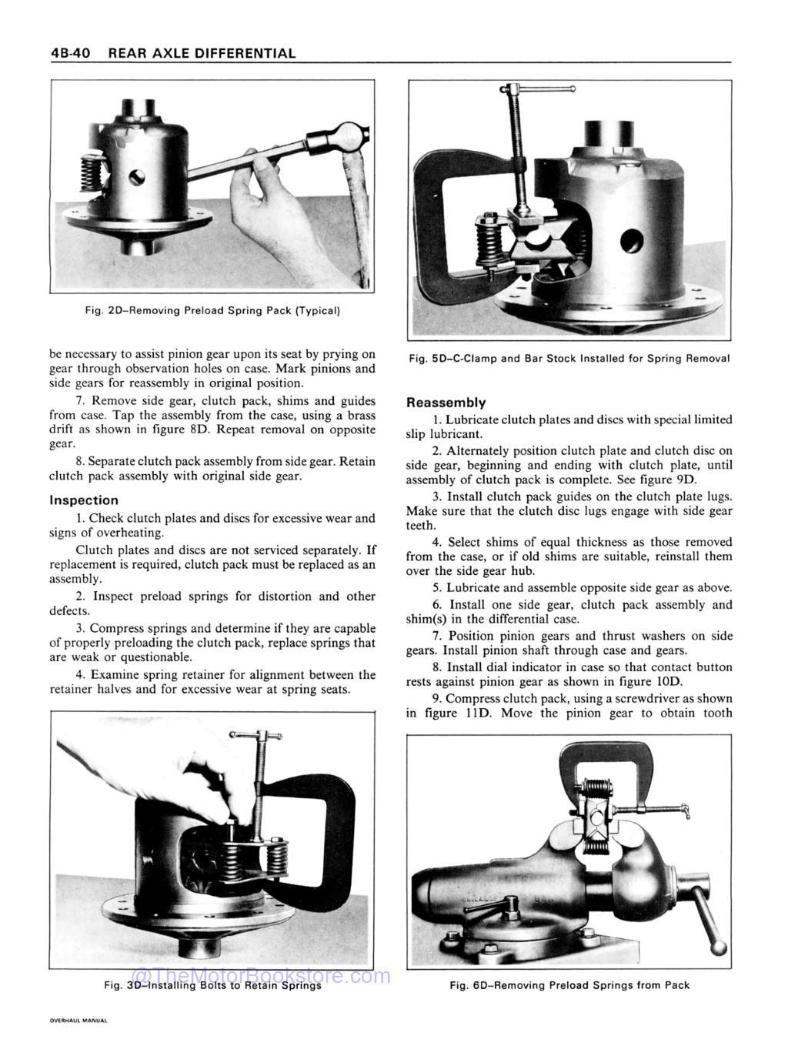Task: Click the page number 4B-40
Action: click(x=70, y=53)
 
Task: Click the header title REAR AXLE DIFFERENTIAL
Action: click(x=202, y=53)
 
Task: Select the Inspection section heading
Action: click(x=84, y=500)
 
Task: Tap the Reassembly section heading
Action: click(x=446, y=403)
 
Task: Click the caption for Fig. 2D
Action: click(x=212, y=311)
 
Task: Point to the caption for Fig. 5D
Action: click(x=569, y=359)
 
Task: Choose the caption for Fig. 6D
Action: click(x=569, y=985)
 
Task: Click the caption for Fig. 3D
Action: click(x=212, y=985)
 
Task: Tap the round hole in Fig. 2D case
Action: click(x=137, y=178)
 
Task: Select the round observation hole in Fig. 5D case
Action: click(x=631, y=241)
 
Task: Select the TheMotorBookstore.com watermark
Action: click(x=262, y=977)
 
